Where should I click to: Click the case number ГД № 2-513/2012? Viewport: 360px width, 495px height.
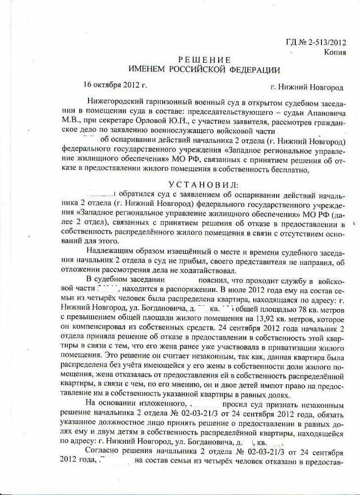316,42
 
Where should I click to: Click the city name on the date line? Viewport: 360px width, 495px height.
307,87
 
